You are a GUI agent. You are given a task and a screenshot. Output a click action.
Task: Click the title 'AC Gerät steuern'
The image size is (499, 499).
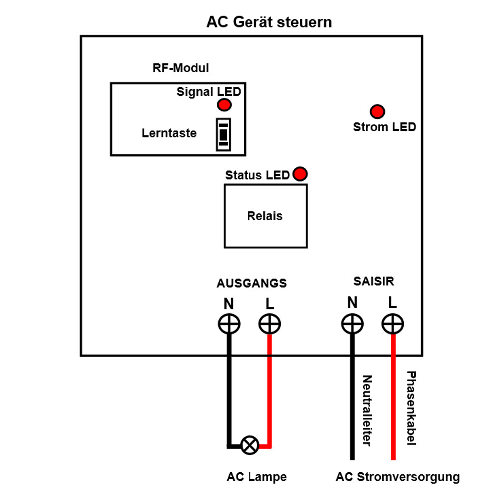[269, 23]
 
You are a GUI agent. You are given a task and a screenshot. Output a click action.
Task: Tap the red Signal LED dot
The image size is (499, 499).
[224, 105]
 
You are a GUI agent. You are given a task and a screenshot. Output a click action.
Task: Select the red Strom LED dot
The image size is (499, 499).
[377, 111]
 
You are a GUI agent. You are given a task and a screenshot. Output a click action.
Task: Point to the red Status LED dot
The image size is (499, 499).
[300, 174]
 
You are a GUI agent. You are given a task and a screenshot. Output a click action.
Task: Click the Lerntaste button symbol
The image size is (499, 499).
[223, 134]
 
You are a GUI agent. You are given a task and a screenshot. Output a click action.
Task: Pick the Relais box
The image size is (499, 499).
[265, 216]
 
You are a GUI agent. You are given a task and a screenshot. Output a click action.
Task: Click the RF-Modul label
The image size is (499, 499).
[181, 68]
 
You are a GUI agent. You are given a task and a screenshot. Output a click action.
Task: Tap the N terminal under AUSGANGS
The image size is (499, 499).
[229, 324]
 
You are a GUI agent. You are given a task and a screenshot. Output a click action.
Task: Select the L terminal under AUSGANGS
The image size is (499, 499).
[270, 324]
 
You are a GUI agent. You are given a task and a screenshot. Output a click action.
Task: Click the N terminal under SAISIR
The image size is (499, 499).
[352, 324]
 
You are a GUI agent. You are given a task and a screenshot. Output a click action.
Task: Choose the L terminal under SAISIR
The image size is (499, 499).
[393, 324]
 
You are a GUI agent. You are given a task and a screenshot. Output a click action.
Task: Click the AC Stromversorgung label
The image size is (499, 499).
[397, 477]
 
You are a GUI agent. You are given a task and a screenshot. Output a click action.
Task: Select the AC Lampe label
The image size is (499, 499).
[256, 477]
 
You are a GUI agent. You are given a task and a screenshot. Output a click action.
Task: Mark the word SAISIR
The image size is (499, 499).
[374, 281]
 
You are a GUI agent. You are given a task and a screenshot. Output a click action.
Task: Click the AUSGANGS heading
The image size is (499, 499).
[251, 283]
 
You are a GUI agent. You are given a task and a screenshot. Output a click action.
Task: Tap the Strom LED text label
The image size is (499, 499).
[384, 127]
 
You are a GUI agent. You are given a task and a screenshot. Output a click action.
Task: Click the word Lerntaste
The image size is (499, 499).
[169, 133]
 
